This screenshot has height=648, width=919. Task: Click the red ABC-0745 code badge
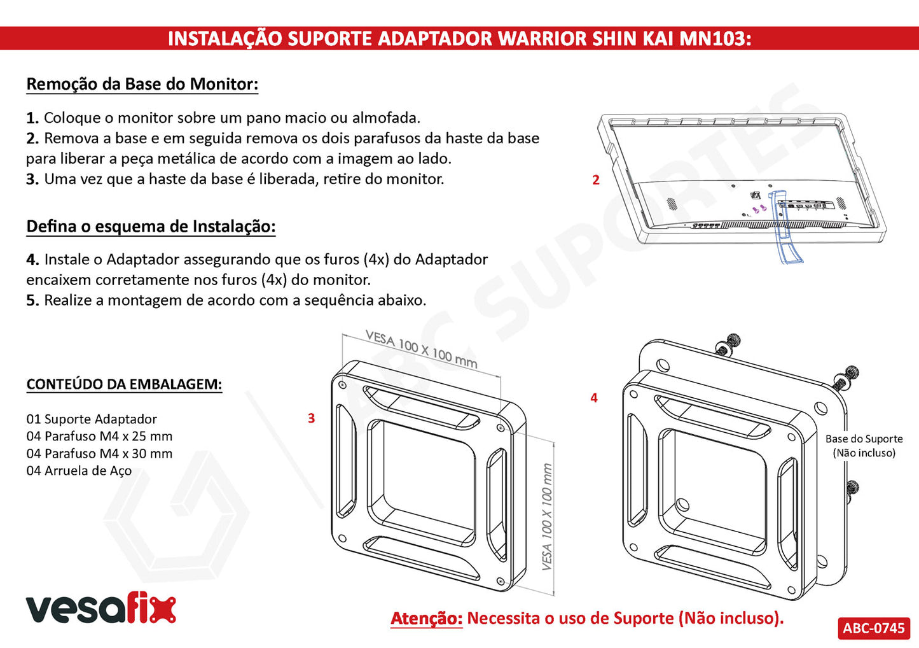click(x=873, y=628)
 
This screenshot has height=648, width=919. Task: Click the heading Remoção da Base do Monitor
click(x=142, y=84)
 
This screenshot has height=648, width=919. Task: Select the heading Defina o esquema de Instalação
click(x=151, y=226)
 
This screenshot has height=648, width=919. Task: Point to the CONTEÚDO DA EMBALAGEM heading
click(x=124, y=384)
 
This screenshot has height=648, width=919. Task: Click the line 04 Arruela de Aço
click(x=79, y=470)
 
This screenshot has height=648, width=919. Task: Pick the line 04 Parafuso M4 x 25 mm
click(x=99, y=436)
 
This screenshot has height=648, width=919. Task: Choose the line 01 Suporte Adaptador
click(x=92, y=419)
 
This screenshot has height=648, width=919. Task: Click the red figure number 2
click(x=596, y=180)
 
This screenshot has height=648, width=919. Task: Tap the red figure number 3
click(x=312, y=418)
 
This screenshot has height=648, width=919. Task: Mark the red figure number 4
click(x=593, y=397)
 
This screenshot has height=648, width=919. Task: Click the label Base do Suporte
click(x=864, y=439)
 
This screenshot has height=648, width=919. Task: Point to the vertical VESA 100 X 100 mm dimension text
click(x=547, y=517)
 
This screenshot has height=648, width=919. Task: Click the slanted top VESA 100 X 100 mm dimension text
click(x=422, y=349)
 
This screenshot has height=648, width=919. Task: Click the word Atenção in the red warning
click(x=426, y=619)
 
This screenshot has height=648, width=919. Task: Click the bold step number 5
click(x=33, y=300)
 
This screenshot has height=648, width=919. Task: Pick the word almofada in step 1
click(x=386, y=118)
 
